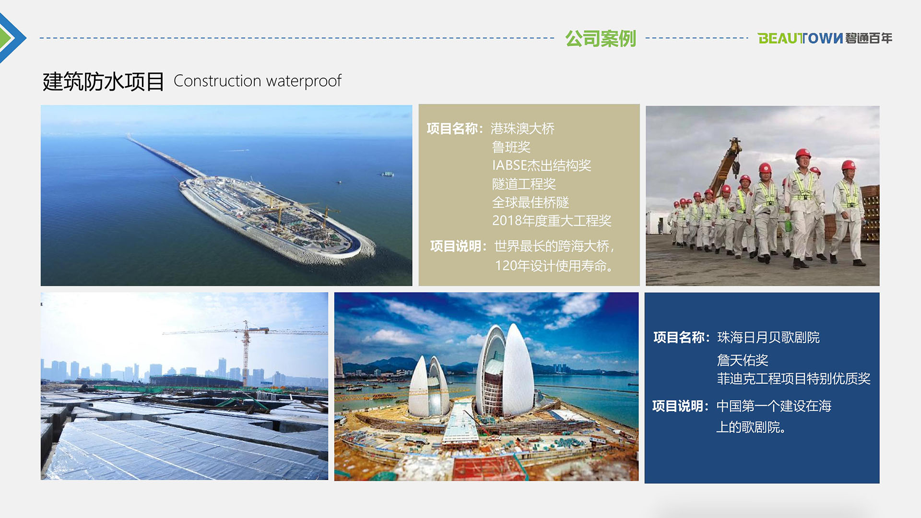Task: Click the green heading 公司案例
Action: [600, 38]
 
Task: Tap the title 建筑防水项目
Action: [103, 82]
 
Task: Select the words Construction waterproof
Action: [257, 81]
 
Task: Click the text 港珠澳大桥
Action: [522, 129]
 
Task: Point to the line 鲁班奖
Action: [511, 147]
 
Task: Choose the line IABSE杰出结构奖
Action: [542, 165]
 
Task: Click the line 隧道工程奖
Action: [524, 184]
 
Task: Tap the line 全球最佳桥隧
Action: [531, 202]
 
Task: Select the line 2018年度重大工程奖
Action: [552, 221]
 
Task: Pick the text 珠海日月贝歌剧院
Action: [768, 337]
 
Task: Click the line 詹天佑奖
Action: [743, 360]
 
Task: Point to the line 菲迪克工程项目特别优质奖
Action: [794, 378]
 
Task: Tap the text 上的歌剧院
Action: [751, 427]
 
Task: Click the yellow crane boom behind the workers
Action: [724, 165]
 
